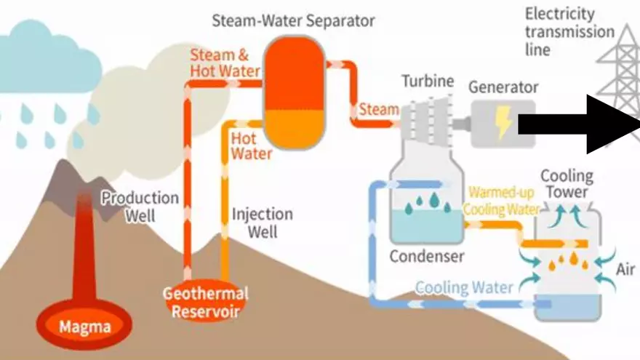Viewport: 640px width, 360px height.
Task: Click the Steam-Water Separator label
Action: coord(294,20)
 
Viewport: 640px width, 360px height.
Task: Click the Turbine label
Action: coord(427,81)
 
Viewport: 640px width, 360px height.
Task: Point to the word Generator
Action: coord(503,87)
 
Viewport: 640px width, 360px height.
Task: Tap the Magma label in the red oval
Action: coord(85,327)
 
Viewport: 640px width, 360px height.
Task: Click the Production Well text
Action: coord(140,206)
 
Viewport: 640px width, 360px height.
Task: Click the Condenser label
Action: coord(426,256)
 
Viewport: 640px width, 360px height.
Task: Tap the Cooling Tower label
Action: coord(566,184)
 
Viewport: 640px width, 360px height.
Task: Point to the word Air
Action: coord(625,270)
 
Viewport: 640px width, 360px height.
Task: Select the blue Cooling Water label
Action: coord(464,287)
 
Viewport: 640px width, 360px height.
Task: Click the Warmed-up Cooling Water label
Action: coord(503,201)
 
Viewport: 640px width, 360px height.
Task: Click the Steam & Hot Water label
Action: coord(225,63)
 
